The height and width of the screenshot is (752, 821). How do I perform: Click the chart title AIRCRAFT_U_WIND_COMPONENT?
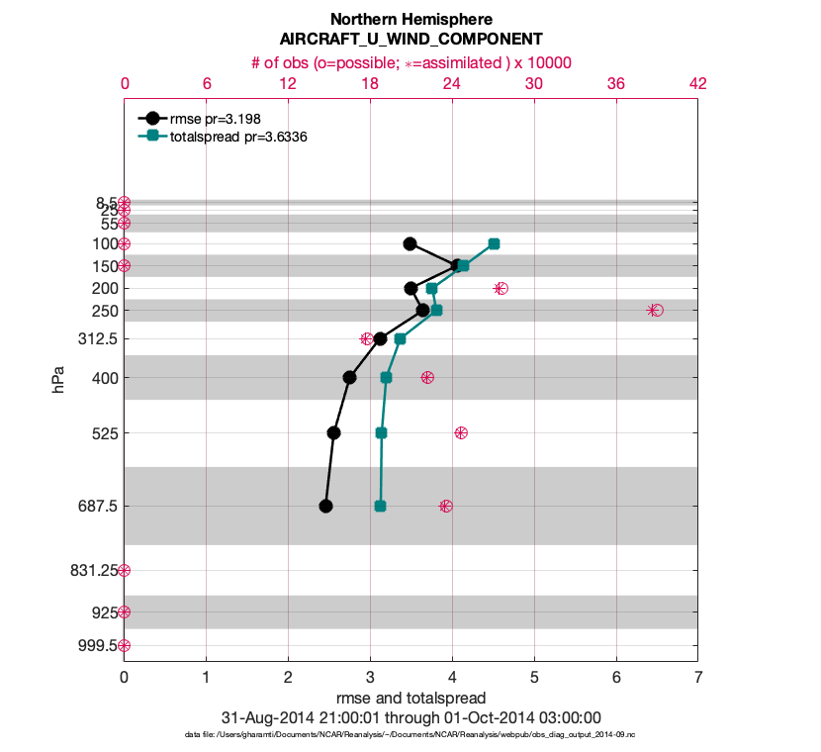[410, 40]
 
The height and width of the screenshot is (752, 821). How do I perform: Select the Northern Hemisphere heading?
[410, 19]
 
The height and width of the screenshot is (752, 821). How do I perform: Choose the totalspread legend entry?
[236, 137]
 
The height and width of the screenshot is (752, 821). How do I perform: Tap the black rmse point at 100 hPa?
[410, 243]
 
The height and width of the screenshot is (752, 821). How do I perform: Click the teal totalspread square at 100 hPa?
[494, 243]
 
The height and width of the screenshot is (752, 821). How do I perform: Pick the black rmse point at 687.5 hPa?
[325, 506]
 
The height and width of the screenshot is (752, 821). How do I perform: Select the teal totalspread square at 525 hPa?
[382, 432]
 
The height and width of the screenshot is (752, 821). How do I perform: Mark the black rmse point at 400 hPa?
[349, 377]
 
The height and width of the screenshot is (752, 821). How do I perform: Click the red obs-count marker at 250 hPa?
[656, 310]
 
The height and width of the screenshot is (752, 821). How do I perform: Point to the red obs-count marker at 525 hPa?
[461, 432]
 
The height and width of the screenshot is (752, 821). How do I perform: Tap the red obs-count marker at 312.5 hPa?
[367, 338]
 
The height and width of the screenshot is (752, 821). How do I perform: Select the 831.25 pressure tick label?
[91, 570]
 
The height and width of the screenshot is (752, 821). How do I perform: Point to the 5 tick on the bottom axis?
[534, 678]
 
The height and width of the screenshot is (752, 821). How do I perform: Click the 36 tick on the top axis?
[615, 84]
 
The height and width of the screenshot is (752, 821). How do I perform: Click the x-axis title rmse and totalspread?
[410, 699]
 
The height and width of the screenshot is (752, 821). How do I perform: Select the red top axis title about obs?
[410, 61]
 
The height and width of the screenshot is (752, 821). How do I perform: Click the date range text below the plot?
[410, 717]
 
